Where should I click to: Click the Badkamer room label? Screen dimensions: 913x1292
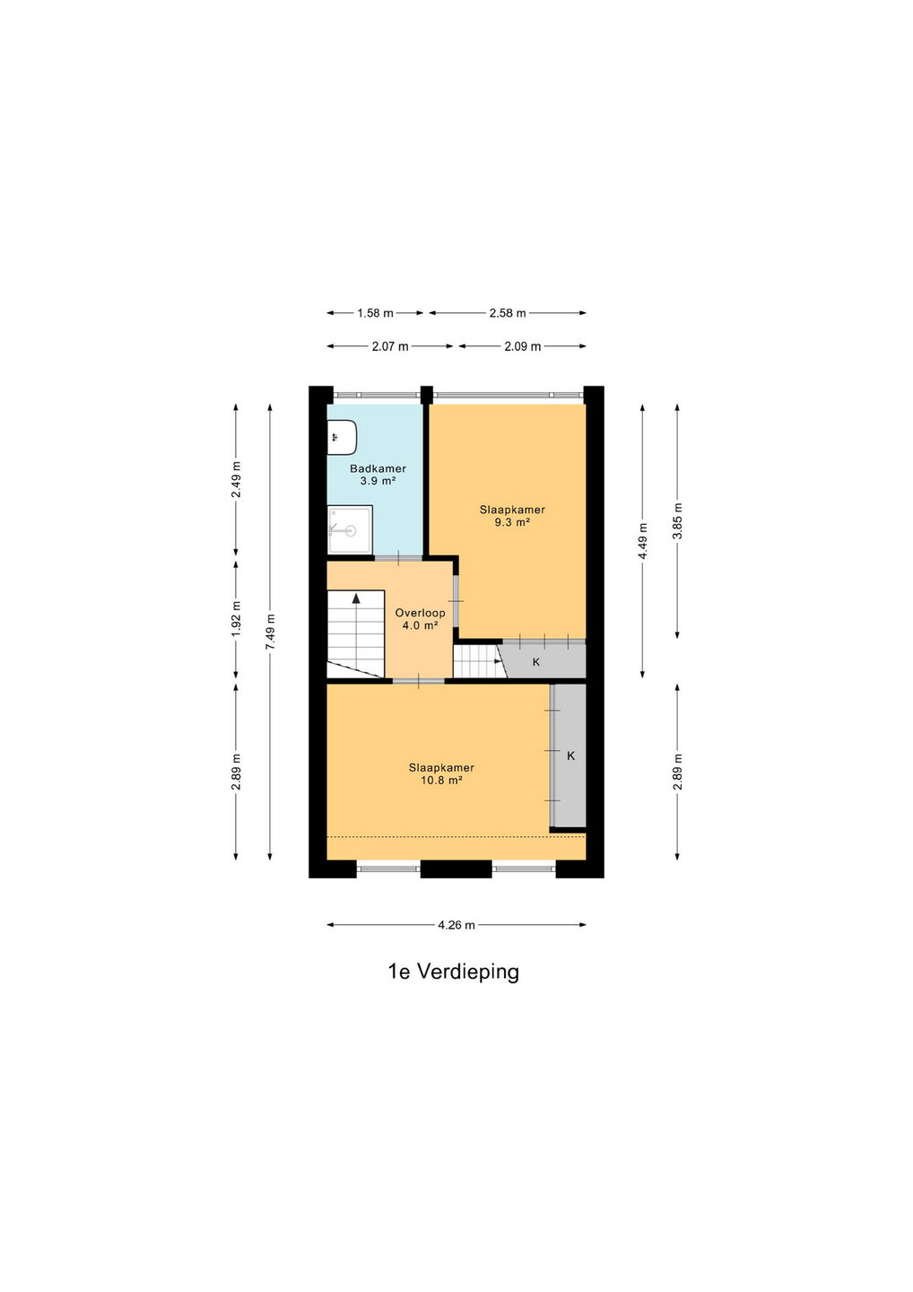[378, 469]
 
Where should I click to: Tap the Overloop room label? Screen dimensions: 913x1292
[420, 613]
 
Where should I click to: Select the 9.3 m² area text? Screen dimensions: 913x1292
[512, 522]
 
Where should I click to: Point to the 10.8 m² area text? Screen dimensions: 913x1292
[441, 781]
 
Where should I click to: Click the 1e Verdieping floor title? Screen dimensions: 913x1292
[454, 972]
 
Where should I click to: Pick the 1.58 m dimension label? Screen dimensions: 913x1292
[375, 313]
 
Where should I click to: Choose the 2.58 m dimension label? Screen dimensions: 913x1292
[508, 313]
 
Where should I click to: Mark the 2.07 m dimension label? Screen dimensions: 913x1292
[390, 346]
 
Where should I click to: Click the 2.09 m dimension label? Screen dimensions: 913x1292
[523, 346]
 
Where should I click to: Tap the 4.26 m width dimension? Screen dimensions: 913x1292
[456, 925]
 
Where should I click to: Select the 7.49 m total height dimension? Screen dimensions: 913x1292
[270, 632]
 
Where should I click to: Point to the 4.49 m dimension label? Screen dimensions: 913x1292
[643, 540]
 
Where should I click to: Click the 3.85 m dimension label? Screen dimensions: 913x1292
[677, 520]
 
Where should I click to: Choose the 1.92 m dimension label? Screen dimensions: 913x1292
[236, 619]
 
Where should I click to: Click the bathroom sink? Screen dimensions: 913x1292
[342, 437]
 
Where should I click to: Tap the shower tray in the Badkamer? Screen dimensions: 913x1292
[350, 529]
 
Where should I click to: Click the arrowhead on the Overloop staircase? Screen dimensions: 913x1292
[356, 598]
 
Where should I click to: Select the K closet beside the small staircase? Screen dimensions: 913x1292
[543, 661]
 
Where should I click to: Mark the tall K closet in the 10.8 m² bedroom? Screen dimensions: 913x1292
[570, 755]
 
